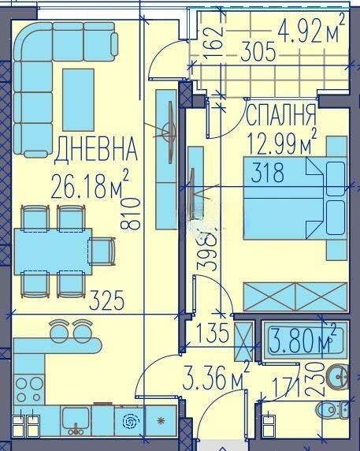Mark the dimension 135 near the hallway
[212, 333]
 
